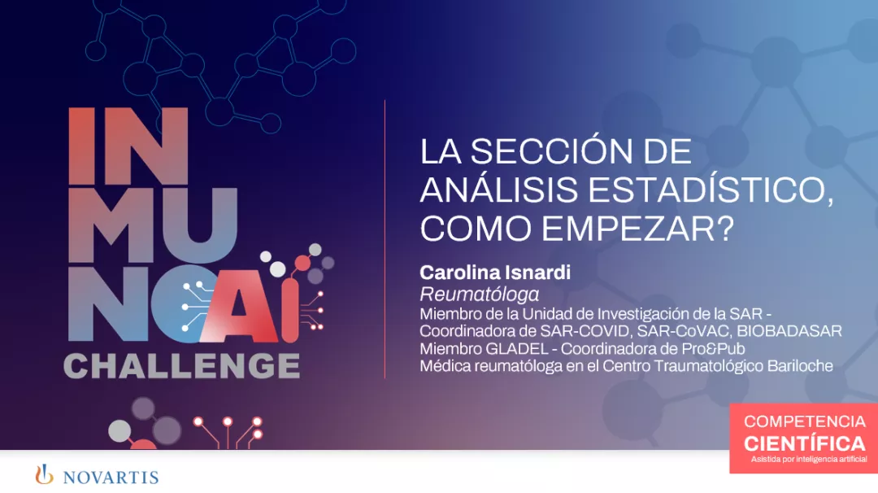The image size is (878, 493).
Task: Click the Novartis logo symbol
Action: coord(44,474)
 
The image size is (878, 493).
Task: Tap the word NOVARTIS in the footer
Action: coord(111,477)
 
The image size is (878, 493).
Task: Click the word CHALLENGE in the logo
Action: coord(181,365)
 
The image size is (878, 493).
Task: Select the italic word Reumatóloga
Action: coord(480,294)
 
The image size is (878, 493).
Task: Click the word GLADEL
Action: coord(511,348)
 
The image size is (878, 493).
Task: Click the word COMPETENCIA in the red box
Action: coord(805,421)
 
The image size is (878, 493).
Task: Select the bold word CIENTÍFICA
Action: coord(805,443)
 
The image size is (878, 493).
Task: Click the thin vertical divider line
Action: coord(385,239)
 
